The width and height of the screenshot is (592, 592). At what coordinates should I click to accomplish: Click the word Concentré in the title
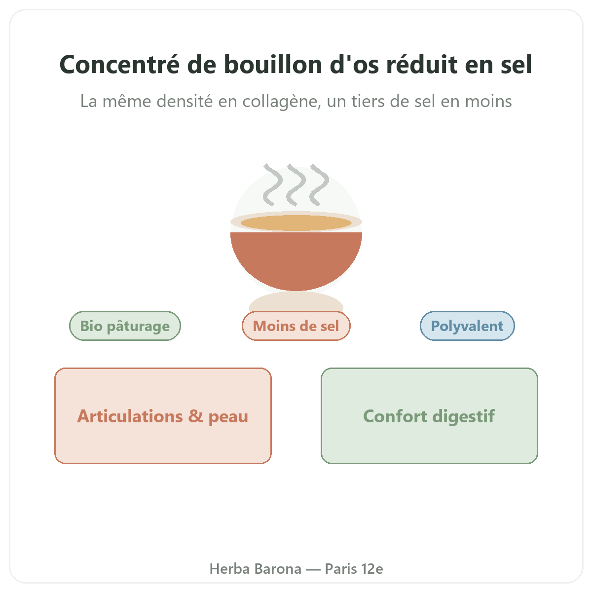119,65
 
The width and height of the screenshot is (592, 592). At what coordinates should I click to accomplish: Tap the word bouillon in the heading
273,65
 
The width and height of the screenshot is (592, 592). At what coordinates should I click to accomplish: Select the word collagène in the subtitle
282,102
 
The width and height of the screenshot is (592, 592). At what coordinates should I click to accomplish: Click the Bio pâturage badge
125,326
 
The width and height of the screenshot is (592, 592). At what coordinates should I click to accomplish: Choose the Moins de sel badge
296,326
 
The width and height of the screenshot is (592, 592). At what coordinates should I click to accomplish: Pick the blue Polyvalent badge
467,326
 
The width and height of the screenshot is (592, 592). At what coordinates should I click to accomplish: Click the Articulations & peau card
163,416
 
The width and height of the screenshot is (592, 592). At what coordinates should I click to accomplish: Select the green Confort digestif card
429,416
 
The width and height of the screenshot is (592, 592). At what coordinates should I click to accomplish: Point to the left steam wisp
273,185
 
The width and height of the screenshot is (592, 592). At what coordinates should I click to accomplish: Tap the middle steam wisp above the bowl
296,185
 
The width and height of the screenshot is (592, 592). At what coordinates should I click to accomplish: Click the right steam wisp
319,185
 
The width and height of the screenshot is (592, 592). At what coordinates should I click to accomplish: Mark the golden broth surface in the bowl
296,222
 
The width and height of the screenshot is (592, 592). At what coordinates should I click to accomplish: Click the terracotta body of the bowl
296,259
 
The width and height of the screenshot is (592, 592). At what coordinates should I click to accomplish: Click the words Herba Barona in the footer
255,569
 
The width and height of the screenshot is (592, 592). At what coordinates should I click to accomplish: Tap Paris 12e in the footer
354,569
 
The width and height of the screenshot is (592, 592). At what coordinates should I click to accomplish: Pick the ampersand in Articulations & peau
195,416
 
